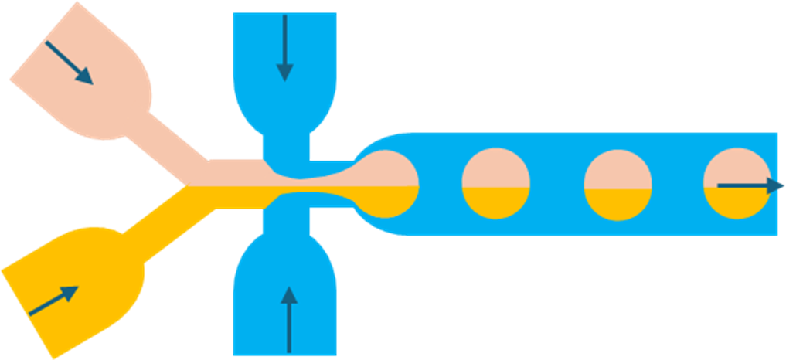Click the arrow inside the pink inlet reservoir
pos(69,62)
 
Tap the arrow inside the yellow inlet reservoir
pos(53,301)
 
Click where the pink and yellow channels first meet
pos(188,185)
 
